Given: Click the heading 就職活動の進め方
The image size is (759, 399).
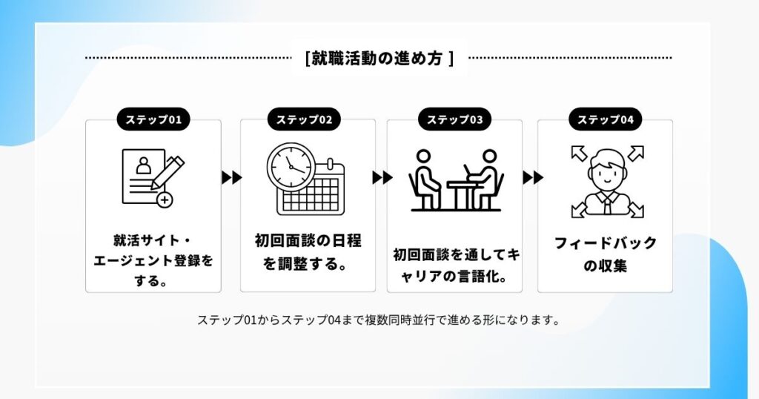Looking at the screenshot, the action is click(380, 58).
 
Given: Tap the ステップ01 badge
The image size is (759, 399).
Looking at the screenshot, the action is click(153, 119).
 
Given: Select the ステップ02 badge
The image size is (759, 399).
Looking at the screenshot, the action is click(304, 119).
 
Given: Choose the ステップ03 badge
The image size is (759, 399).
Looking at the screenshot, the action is click(454, 119).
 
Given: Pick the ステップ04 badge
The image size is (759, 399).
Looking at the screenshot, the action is click(605, 119).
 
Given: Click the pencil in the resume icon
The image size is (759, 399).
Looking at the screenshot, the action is click(168, 172).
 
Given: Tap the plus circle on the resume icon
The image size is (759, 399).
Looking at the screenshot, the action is click(165, 199).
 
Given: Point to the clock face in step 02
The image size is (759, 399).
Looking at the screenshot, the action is click(291, 167).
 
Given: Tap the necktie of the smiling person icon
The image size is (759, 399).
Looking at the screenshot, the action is click(607, 205).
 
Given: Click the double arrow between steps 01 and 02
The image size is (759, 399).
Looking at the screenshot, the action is click(232, 177).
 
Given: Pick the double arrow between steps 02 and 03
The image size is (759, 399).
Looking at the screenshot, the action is click(382, 177).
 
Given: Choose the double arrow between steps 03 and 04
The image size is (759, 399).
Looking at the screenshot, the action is click(533, 177).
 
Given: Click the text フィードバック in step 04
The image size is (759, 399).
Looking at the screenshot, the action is click(605, 243).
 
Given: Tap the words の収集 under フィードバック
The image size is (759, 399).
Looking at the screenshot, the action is click(605, 266).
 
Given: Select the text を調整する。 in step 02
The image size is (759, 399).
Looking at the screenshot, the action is click(305, 264).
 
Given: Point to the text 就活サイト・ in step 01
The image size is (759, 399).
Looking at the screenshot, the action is click(153, 240).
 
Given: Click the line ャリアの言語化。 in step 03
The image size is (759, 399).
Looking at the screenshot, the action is click(454, 277).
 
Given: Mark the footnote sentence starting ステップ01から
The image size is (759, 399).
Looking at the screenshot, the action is click(379, 320).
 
